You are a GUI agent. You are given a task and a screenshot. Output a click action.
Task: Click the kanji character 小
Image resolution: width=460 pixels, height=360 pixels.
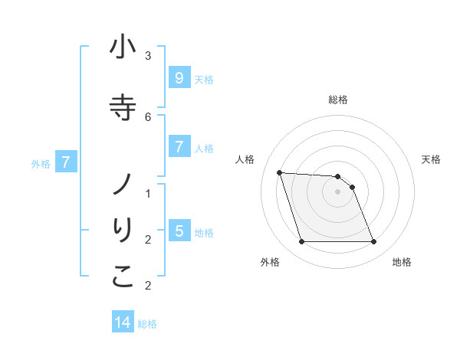(x=123, y=48)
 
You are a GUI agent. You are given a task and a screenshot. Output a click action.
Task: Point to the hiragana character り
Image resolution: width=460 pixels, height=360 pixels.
(x=123, y=231)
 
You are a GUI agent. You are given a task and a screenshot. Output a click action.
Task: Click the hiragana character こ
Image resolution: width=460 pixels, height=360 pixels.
(x=123, y=277)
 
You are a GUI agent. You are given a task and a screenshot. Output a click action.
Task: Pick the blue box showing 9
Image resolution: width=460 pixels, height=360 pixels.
(x=179, y=77)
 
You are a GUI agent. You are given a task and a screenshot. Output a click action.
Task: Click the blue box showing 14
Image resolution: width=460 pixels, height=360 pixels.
(x=123, y=322)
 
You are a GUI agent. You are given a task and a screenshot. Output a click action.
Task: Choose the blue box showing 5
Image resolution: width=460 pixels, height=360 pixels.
(x=179, y=231)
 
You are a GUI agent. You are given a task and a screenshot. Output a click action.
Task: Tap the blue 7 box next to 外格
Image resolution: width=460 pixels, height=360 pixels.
(x=67, y=162)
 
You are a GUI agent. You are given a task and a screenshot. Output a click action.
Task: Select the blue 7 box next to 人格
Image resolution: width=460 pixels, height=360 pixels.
(x=179, y=146)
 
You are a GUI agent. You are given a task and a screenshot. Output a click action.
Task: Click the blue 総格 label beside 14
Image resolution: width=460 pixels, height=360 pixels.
(x=147, y=324)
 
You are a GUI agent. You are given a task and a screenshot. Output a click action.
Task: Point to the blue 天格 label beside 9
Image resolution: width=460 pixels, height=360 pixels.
(x=204, y=79)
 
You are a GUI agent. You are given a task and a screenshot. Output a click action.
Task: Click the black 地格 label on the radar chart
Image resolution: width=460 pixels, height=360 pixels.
(x=402, y=262)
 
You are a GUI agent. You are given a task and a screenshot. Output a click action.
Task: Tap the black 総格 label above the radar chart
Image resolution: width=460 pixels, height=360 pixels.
(x=338, y=100)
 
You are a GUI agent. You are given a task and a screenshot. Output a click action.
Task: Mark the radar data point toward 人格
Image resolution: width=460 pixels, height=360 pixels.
(x=279, y=172)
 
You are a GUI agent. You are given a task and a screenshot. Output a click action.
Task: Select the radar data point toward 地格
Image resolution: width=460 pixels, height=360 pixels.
(x=373, y=242)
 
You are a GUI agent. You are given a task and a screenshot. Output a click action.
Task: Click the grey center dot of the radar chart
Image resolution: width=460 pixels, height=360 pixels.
(x=338, y=191)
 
